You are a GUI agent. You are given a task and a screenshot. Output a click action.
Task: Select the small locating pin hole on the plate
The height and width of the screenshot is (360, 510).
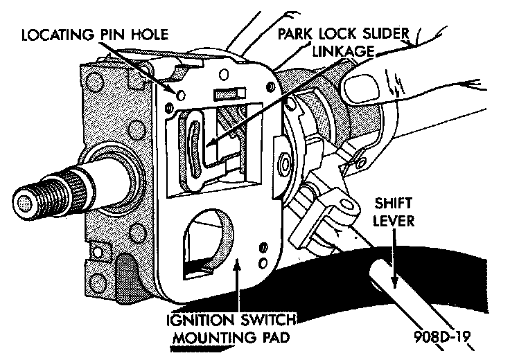pyautogui.click(x=180, y=94)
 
